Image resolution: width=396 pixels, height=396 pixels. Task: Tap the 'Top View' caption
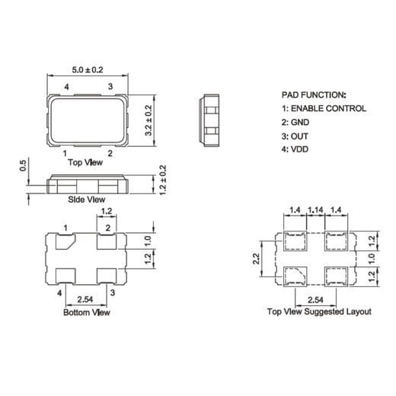point(86,162)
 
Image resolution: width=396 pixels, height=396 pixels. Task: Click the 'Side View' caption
point(86,200)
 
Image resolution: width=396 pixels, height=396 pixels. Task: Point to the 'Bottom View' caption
point(86,312)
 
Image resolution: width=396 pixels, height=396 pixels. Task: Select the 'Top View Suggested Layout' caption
point(319,312)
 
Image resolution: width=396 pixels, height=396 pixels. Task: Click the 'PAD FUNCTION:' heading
point(314,95)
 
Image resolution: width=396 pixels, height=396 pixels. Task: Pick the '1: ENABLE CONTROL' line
point(324,109)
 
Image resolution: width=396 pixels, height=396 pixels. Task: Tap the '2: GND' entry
point(296,123)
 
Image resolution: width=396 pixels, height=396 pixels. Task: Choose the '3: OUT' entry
point(296,136)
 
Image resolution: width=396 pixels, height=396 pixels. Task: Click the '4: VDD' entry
point(296,149)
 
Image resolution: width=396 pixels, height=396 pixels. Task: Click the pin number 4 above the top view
point(67,88)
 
